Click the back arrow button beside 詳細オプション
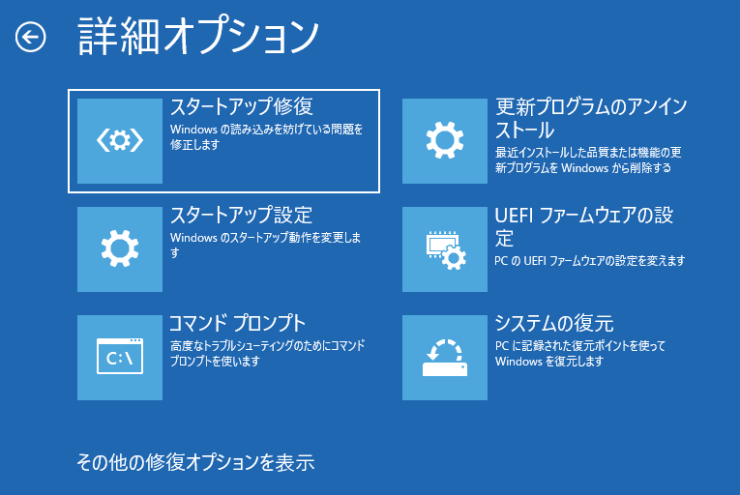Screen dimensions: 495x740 pos(31,38)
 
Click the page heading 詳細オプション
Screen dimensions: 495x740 pos(197,37)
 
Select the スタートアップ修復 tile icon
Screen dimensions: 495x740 pos(120,140)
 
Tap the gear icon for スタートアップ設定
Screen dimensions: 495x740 pos(120,248)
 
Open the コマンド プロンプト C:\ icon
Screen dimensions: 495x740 pos(120,357)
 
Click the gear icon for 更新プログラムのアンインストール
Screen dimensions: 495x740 pos(445,140)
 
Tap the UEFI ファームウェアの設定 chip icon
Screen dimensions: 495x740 pos(445,248)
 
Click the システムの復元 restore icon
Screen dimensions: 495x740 pos(445,357)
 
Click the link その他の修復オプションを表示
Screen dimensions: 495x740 pos(195,462)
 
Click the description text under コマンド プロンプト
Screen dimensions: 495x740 pos(266,354)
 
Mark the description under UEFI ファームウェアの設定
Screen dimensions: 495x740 pos(590,261)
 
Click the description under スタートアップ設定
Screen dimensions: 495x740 pos(266,246)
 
